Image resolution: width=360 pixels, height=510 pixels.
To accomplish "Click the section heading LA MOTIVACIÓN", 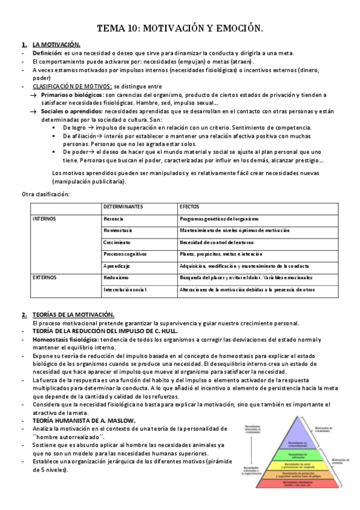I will point(56,45).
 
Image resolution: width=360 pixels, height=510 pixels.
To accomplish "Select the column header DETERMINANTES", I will point(124,207).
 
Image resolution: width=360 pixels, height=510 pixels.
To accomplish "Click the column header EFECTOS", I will point(189,207).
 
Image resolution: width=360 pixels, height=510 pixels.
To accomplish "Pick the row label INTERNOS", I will point(44,218).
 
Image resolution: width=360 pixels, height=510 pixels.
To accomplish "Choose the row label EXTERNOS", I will point(44,277).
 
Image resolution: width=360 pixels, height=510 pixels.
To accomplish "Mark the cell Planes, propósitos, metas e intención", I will point(221,254).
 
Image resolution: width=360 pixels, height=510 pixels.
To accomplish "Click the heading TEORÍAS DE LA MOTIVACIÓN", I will point(73,315).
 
